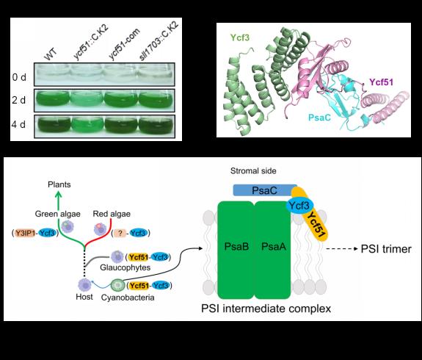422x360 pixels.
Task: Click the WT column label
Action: tap(51, 54)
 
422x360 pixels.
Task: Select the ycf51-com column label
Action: tap(124, 43)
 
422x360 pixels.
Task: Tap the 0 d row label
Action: tap(19, 77)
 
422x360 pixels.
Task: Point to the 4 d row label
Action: tap(18, 124)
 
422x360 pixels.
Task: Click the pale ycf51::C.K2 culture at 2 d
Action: tap(87, 99)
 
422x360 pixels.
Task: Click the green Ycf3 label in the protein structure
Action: tap(240, 37)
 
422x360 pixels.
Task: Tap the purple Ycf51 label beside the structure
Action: tap(381, 82)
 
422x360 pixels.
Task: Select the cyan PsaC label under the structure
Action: tap(319, 118)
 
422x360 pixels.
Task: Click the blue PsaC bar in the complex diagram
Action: tap(265, 190)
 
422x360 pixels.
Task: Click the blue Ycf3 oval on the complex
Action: tap(299, 206)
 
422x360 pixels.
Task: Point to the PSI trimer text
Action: tap(386, 249)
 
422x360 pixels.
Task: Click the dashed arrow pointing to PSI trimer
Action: tap(342, 249)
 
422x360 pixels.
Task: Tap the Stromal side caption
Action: tap(253, 171)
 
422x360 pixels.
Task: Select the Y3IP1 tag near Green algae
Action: tap(24, 233)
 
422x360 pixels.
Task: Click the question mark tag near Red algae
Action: tap(120, 233)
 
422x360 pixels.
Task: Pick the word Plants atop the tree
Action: tap(59, 184)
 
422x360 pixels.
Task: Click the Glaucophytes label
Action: tap(125, 267)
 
